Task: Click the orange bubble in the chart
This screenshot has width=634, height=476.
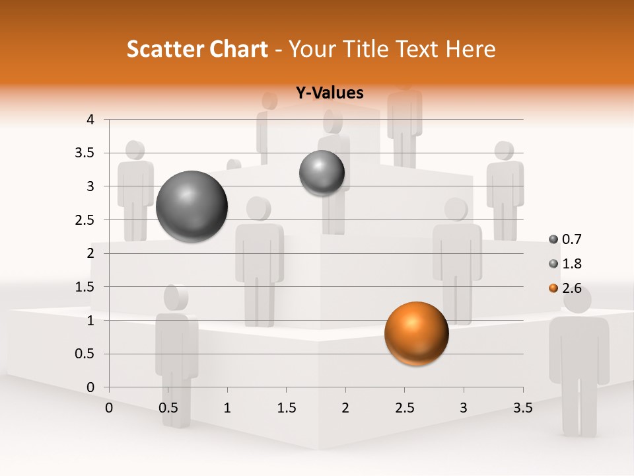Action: click(416, 333)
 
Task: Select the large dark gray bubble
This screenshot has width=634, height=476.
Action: click(192, 206)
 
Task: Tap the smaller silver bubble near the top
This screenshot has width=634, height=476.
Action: click(322, 173)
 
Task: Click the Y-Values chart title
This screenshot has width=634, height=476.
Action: click(329, 93)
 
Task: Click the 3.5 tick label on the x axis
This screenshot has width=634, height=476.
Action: click(522, 408)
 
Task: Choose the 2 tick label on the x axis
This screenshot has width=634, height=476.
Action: click(345, 408)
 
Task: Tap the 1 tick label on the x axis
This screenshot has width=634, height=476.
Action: click(227, 408)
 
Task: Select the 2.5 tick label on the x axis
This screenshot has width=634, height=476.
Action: click(404, 408)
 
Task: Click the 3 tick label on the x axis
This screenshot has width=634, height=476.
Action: click(464, 408)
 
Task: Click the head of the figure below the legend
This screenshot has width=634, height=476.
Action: click(578, 299)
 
